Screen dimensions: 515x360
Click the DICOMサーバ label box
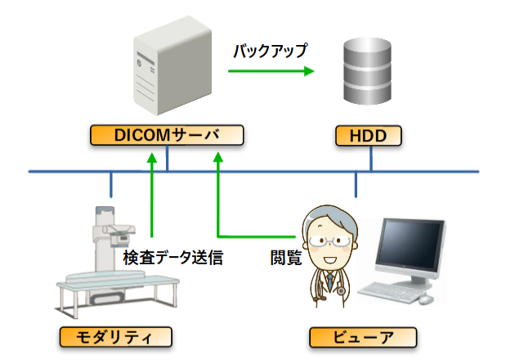[x=167, y=135]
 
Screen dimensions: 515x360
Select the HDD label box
[x=368, y=136]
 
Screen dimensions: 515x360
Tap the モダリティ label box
[x=115, y=337]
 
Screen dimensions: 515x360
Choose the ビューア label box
[x=363, y=337]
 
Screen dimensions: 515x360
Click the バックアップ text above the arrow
[x=271, y=51]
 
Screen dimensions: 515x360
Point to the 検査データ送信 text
[x=173, y=258]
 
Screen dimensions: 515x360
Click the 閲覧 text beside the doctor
[x=286, y=258]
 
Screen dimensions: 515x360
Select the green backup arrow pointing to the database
[x=271, y=70]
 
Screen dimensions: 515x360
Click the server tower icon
[x=172, y=65]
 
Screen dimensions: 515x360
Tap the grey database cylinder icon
[x=367, y=71]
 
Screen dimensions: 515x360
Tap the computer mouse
[x=426, y=299]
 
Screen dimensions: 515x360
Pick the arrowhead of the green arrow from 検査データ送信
[x=152, y=157]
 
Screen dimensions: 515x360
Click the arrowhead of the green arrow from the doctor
[x=217, y=157]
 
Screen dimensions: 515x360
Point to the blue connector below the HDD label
[x=371, y=159]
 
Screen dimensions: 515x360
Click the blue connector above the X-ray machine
[x=111, y=184]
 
